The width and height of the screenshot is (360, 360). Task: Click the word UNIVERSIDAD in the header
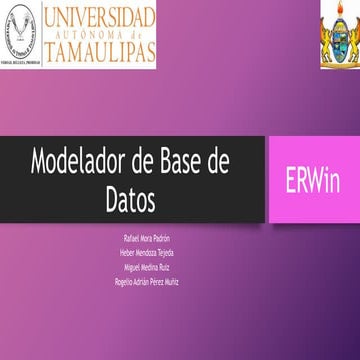(100, 16)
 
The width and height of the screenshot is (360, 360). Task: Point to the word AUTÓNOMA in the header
(100, 33)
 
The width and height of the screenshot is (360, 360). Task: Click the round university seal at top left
(20, 33)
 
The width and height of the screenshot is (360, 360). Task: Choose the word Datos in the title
(131, 199)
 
